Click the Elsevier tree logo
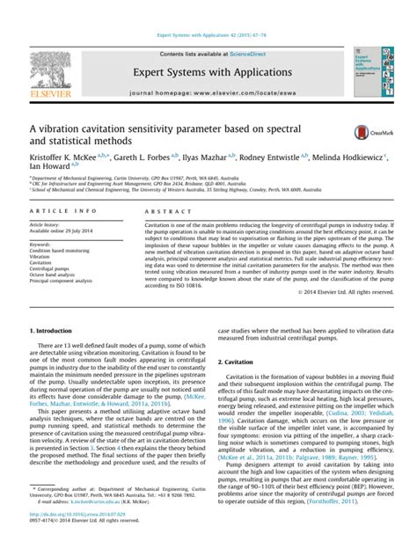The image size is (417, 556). [x=51, y=69]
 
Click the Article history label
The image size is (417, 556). [x=45, y=225]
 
